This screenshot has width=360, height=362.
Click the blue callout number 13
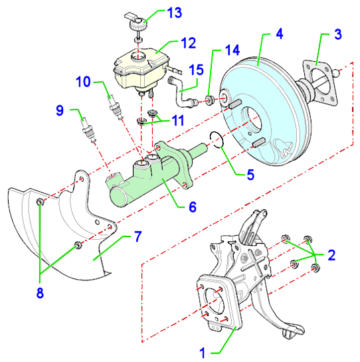[x=175, y=13]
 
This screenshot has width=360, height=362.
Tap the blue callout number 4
[x=280, y=34]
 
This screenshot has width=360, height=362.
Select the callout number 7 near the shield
[x=138, y=236]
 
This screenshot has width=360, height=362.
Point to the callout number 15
[x=197, y=70]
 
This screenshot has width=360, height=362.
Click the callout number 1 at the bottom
[x=203, y=353]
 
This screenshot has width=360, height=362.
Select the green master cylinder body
[x=150, y=174]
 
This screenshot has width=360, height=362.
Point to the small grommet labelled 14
[x=210, y=100]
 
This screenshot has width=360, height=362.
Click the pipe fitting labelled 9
[x=88, y=130]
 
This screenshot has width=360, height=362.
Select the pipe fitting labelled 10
[x=115, y=107]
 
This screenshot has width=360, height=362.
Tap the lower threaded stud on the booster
[x=258, y=142]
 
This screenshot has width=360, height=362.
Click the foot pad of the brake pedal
[x=293, y=331]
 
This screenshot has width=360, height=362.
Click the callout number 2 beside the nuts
[x=331, y=255]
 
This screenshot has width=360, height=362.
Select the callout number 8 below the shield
[x=40, y=293]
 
